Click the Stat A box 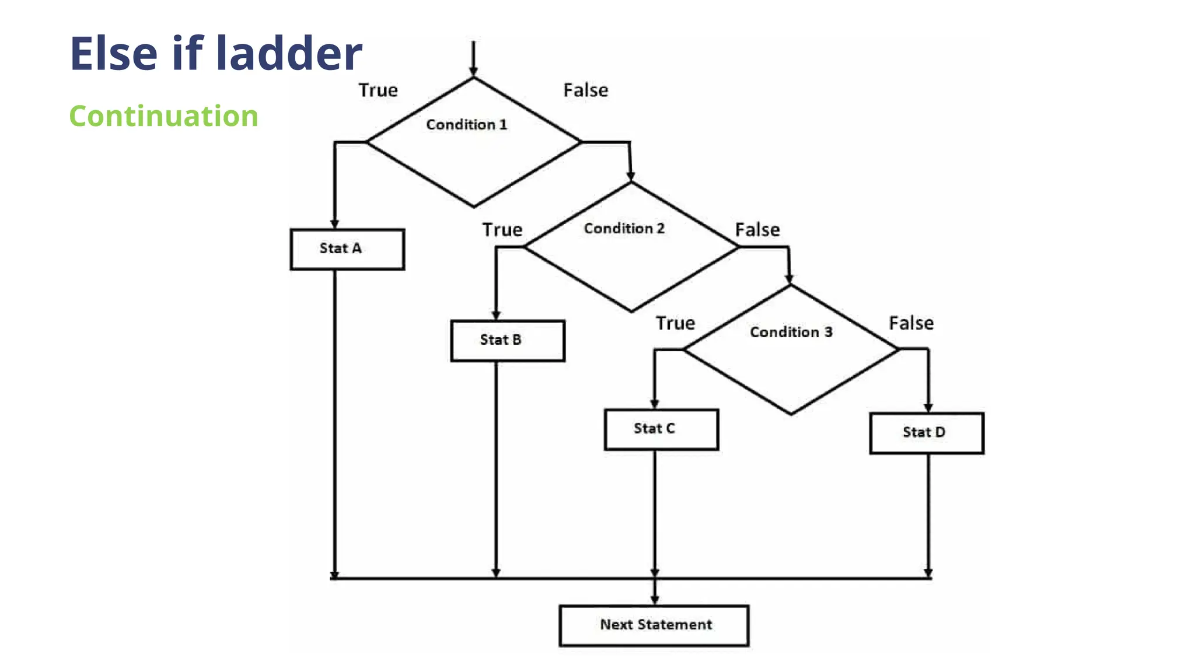[347, 249]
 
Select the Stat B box [507, 341]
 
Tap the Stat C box [661, 429]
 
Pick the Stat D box [926, 433]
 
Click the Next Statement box [654, 625]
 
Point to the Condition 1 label [466, 125]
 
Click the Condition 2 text [624, 229]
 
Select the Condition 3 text [791, 332]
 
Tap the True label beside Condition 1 [378, 90]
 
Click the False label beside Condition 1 [585, 90]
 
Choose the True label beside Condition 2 [502, 230]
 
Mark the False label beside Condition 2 [757, 230]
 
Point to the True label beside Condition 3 [675, 323]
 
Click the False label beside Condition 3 [911, 323]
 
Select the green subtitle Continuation [163, 116]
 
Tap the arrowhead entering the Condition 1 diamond [473, 72]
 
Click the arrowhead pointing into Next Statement [655, 600]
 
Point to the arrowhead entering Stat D [928, 408]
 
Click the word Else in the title [114, 54]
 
